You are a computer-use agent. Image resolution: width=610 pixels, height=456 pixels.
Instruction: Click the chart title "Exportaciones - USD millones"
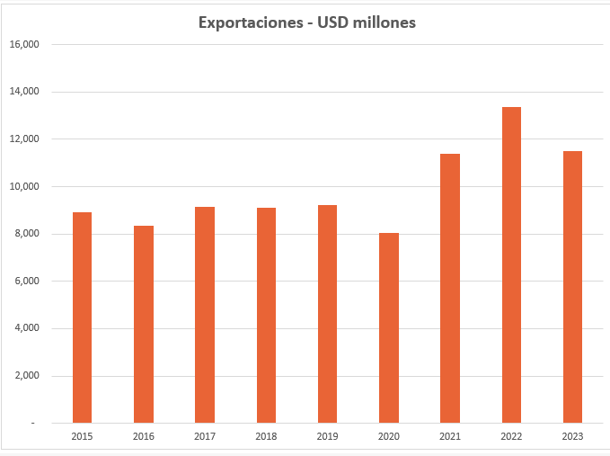[306, 22]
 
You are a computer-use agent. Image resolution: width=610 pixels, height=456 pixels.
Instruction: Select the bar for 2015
[82, 317]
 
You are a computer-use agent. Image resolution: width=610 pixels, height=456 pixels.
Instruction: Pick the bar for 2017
[205, 315]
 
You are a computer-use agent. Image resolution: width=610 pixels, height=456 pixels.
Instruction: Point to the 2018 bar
[266, 316]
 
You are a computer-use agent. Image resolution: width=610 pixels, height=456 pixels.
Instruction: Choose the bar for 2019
[327, 314]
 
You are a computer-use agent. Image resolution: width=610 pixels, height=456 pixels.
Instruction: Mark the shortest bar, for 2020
[388, 328]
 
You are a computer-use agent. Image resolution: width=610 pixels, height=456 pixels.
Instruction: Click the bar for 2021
[450, 289]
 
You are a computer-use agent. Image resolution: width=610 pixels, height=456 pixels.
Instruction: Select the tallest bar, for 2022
[511, 265]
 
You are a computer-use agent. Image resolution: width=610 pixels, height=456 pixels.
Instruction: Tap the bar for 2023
[572, 287]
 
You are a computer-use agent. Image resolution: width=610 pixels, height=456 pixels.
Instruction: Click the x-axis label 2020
[388, 436]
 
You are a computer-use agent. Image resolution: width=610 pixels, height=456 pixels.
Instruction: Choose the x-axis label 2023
[572, 436]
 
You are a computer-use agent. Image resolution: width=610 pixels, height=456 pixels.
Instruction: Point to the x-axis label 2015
[82, 436]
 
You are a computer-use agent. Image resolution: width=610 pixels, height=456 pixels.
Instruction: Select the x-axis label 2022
[511, 436]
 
